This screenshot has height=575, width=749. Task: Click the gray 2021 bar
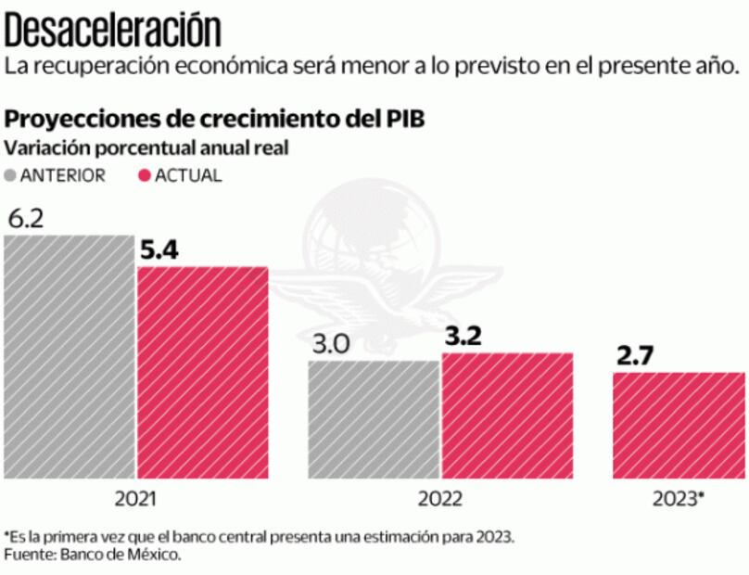point(69,357)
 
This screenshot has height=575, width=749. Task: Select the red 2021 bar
point(202,372)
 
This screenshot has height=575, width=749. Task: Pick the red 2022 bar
point(507,415)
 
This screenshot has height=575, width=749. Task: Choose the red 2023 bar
point(679,425)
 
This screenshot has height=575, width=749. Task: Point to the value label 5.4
point(160,250)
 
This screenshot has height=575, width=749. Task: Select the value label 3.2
point(463,337)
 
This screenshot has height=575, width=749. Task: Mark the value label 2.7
point(635,356)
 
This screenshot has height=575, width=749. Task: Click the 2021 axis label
point(135,499)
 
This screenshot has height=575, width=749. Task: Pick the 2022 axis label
point(440,499)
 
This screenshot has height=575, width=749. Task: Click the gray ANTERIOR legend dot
point(11,175)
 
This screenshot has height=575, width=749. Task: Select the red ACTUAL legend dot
point(144,175)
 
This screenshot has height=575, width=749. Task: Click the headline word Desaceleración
point(114,30)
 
